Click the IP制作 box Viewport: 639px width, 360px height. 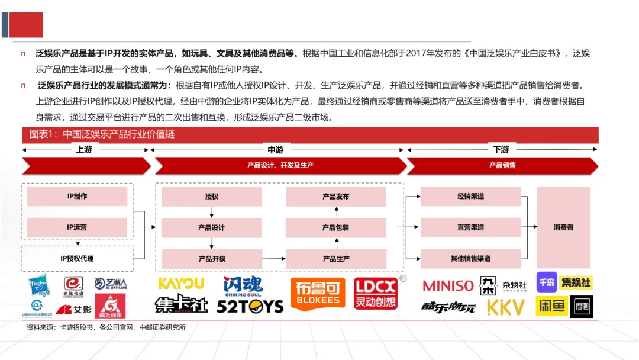pos(77,196)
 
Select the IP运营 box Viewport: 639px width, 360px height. pos(77,227)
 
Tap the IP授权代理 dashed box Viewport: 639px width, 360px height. pos(77,258)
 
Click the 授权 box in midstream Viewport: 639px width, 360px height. pos(212,197)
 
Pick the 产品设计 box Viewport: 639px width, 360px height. pos(212,228)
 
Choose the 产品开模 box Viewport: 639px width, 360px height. pos(212,259)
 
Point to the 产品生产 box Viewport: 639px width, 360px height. pos(336,259)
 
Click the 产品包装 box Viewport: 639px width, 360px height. pos(336,228)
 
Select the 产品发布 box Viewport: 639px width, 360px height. pos(336,197)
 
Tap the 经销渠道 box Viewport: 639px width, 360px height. pos(470,196)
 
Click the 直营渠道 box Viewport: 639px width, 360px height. pos(470,227)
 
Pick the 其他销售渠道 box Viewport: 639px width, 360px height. pos(470,258)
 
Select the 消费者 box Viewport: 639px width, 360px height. pos(563,227)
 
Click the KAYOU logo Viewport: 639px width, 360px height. pos(181,284)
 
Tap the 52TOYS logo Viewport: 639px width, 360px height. pos(250,306)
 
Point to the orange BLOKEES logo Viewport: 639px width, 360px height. pos(318,294)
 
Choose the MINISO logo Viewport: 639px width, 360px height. pos(448,286)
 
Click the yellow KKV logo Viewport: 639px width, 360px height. pos(506,307)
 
